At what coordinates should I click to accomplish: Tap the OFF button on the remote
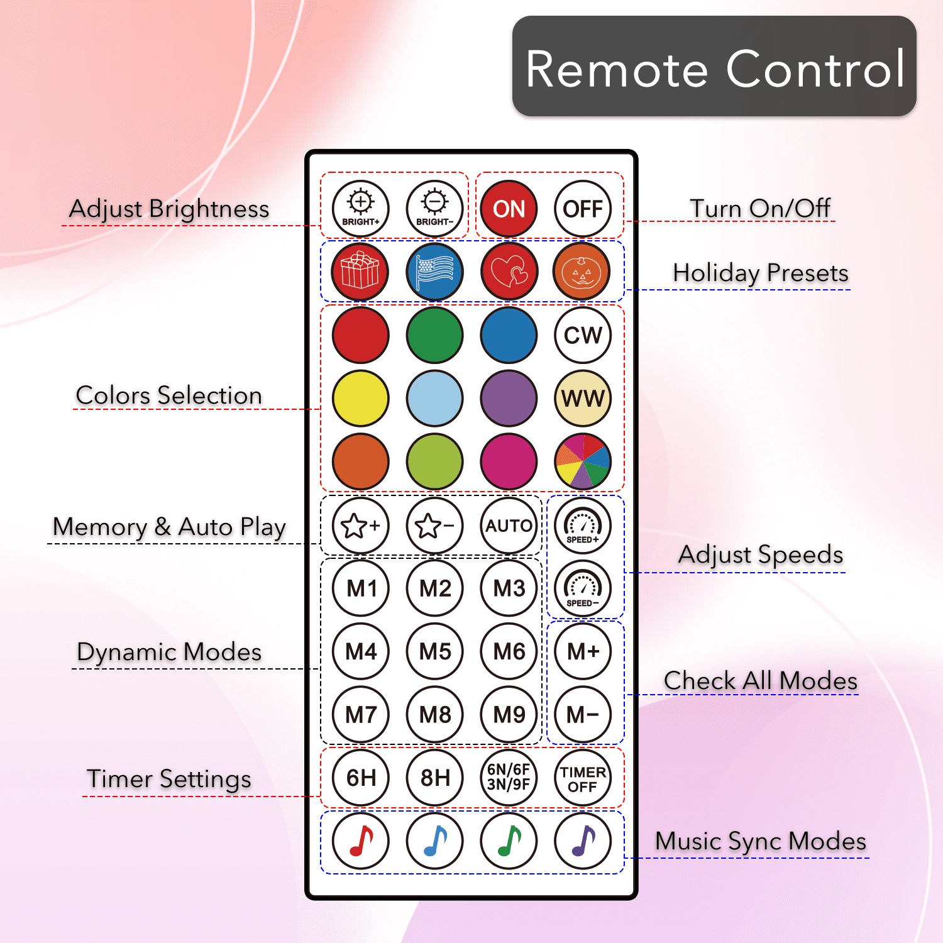[x=583, y=209]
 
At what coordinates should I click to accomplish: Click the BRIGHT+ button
[x=361, y=209]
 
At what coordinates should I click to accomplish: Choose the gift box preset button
[x=361, y=272]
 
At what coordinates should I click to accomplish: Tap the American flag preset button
[x=435, y=272]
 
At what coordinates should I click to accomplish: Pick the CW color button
[x=583, y=335]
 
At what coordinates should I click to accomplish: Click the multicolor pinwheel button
[x=583, y=461]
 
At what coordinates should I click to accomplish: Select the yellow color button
[x=361, y=399]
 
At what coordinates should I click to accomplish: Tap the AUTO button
[x=509, y=525]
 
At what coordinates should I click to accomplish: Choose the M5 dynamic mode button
[x=435, y=651]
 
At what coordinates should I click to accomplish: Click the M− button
[x=583, y=714]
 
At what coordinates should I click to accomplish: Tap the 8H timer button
[x=435, y=778]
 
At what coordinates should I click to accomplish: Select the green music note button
[x=509, y=841]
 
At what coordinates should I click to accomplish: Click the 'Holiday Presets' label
[x=761, y=273]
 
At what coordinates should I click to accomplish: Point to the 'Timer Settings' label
[x=169, y=779]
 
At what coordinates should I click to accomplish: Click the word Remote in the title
[x=617, y=69]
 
